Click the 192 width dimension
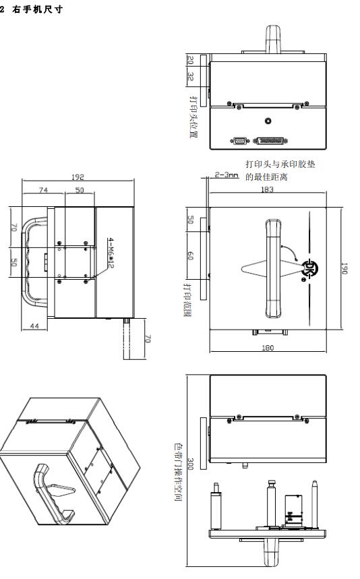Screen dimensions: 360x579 point(78,177)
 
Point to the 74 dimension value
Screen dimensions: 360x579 point(44,190)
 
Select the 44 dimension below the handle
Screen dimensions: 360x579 point(34,326)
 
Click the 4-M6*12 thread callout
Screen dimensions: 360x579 point(111,253)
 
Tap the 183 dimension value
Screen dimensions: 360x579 point(267,189)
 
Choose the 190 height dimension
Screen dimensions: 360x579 point(344,268)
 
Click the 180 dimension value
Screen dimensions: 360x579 point(268,348)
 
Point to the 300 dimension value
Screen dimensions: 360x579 point(191,464)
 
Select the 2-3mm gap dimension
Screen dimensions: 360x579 point(227,175)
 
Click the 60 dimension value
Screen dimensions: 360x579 point(191,255)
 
